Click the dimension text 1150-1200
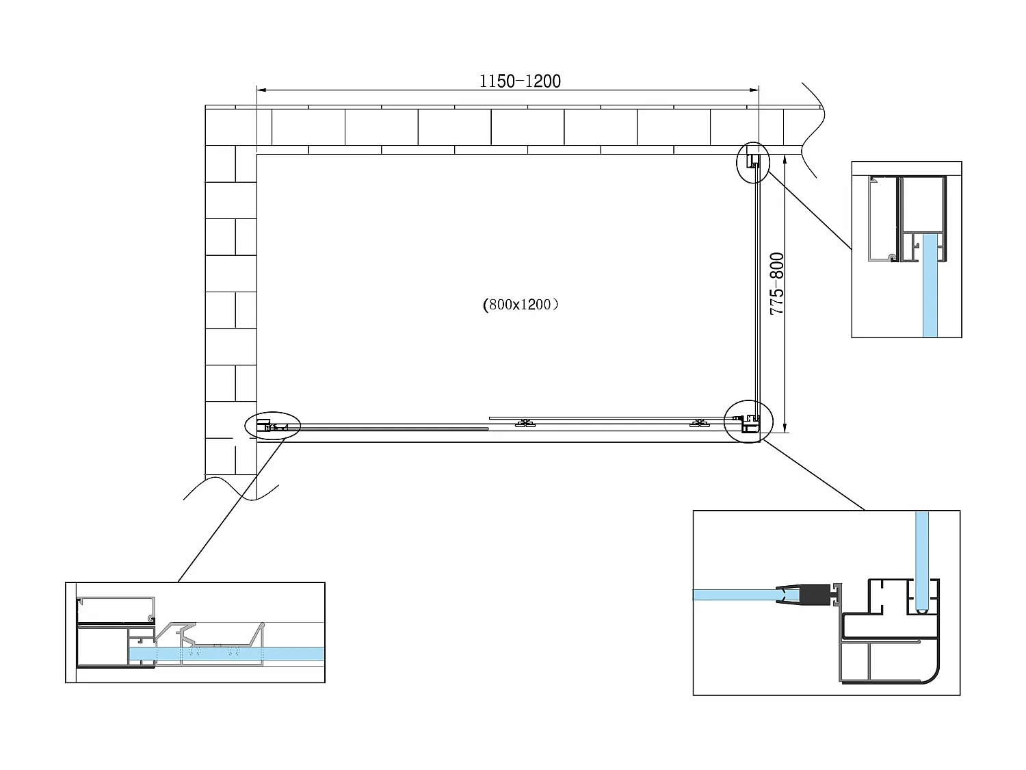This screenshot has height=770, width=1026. (x=520, y=81)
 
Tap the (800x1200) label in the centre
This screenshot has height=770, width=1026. (x=521, y=305)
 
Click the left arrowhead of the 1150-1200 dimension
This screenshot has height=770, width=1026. (x=261, y=90)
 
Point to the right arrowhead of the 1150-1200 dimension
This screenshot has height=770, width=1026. (x=755, y=90)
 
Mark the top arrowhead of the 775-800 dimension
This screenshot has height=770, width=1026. (x=785, y=158)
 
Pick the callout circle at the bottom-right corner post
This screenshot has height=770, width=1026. (x=748, y=420)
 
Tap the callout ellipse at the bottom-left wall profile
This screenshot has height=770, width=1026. (x=272, y=426)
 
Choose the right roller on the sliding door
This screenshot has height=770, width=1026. (x=698, y=424)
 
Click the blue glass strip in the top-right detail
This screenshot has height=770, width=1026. (x=930, y=287)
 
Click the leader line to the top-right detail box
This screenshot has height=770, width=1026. (x=811, y=210)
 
